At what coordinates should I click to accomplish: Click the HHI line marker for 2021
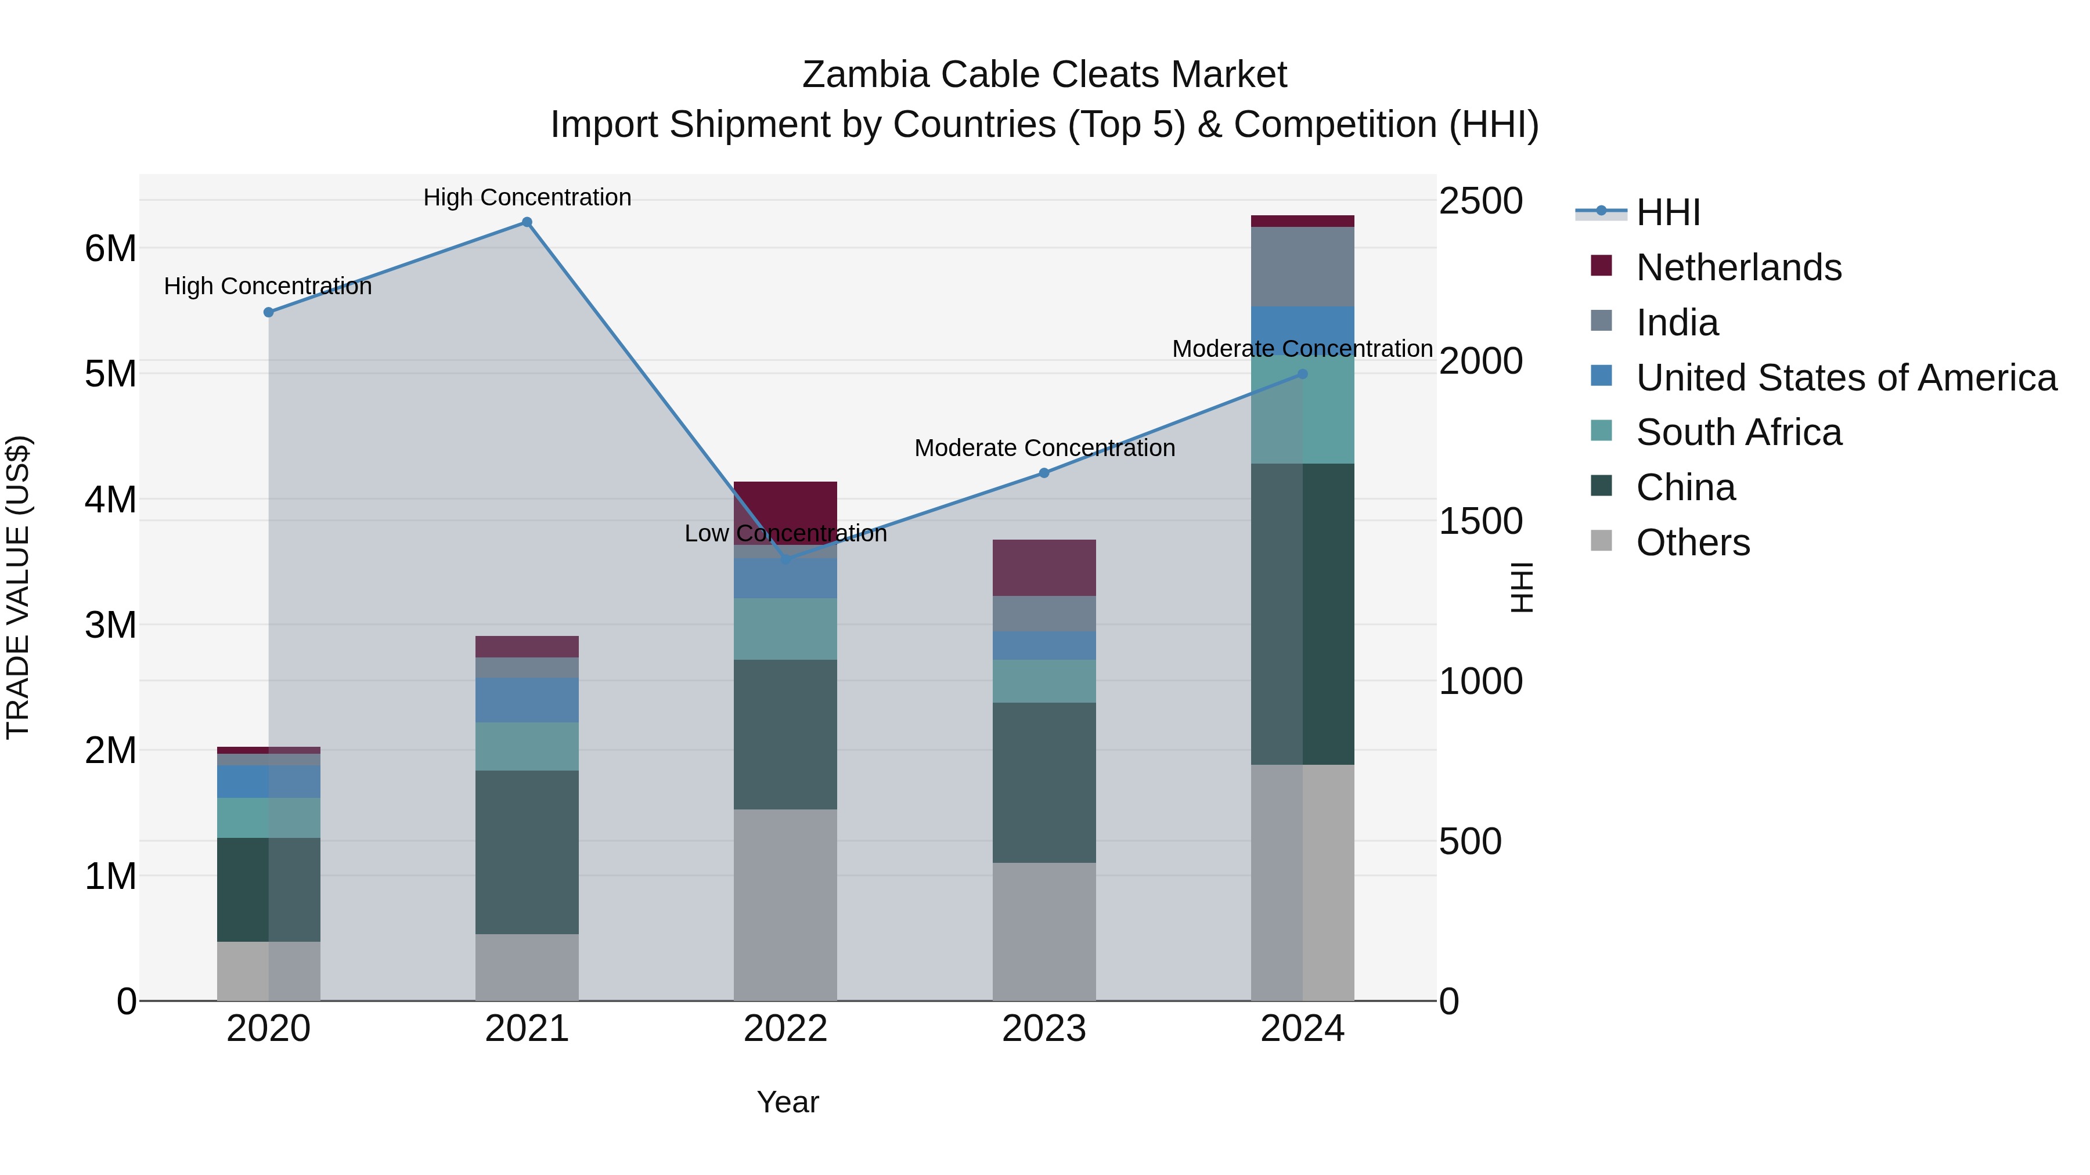527,222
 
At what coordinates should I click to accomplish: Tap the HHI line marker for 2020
269,312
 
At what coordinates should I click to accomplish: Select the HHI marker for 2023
1044,473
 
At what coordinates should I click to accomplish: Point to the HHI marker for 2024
1303,374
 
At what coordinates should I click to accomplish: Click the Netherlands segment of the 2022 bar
785,502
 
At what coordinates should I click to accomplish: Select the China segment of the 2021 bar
527,851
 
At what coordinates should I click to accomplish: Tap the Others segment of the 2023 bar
1044,931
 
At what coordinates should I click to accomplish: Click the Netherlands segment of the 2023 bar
1044,567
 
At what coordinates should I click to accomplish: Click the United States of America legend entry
1846,377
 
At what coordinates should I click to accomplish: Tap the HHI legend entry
1667,212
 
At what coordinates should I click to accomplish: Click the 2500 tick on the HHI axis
1480,201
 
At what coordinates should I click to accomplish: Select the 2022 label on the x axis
785,1029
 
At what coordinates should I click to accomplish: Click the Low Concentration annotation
785,534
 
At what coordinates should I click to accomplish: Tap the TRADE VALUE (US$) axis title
19,587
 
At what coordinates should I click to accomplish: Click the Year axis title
787,1102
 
